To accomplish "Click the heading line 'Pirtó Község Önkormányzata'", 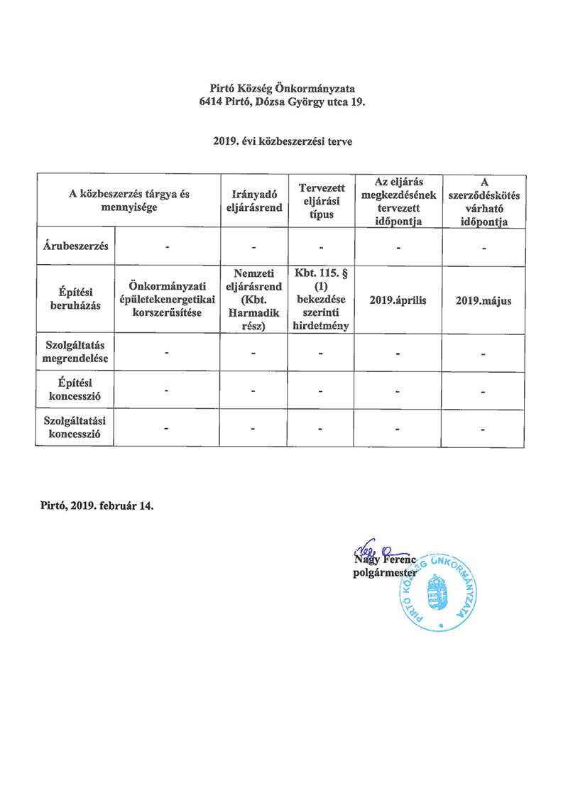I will (283, 89).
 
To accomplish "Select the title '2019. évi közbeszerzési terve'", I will (283, 142).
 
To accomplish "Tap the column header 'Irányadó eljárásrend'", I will (253, 201).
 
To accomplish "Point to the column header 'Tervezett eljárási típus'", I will (322, 201).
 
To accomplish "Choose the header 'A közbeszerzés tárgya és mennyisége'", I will (129, 201).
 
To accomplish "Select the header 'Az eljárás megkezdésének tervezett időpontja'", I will (398, 201).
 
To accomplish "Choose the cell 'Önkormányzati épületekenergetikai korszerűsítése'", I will (168, 299).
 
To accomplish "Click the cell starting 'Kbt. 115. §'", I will (322, 299).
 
